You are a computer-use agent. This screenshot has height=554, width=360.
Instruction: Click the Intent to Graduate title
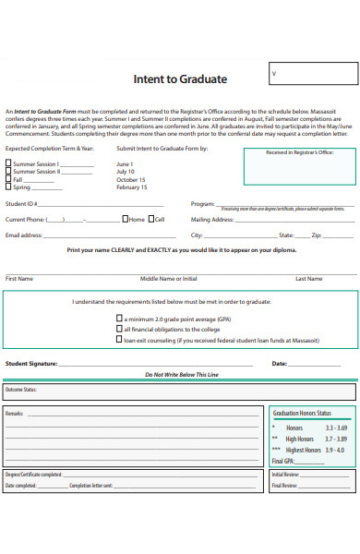180,78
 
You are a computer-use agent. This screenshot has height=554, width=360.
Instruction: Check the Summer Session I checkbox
9,163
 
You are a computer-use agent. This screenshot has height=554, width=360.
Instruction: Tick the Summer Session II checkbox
9,171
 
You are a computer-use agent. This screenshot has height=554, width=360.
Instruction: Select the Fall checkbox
9,179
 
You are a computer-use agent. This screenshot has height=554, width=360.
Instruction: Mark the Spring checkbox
9,187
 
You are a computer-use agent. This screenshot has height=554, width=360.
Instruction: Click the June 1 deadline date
126,163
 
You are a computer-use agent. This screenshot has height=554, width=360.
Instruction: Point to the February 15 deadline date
132,187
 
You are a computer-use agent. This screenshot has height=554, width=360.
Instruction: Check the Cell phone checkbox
151,220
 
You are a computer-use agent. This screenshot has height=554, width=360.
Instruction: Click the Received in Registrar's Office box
299,166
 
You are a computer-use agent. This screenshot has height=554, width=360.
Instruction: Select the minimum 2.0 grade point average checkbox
119,317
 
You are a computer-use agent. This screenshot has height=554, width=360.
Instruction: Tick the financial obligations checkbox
119,328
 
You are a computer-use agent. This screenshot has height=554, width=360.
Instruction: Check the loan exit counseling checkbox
119,339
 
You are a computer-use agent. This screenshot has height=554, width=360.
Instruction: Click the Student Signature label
31,364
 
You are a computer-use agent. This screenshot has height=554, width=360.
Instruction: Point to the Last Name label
308,278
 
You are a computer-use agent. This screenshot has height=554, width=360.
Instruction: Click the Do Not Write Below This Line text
181,375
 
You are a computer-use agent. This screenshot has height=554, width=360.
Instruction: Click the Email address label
25,235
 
